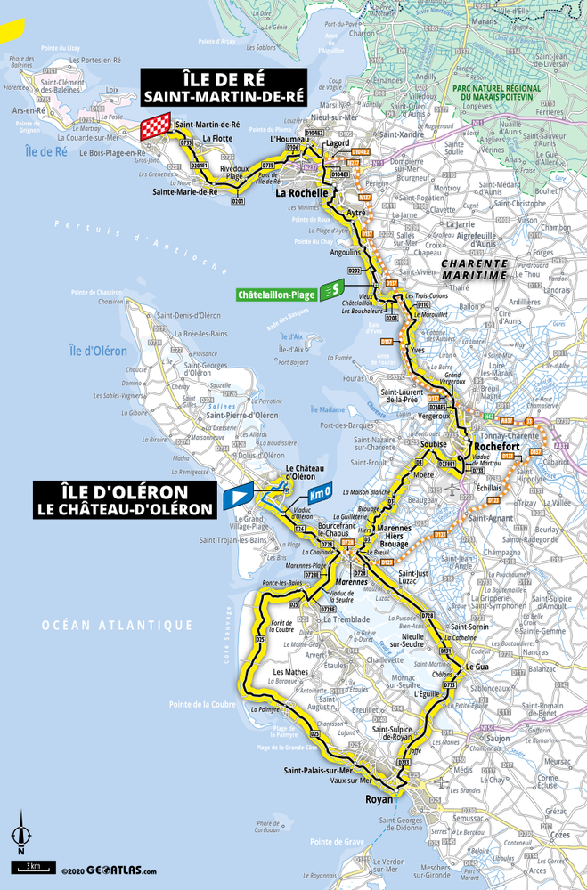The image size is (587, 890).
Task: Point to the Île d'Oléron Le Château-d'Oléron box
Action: (124, 499)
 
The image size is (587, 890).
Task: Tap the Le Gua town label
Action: (477, 666)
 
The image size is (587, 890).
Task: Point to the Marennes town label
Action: (327, 582)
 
